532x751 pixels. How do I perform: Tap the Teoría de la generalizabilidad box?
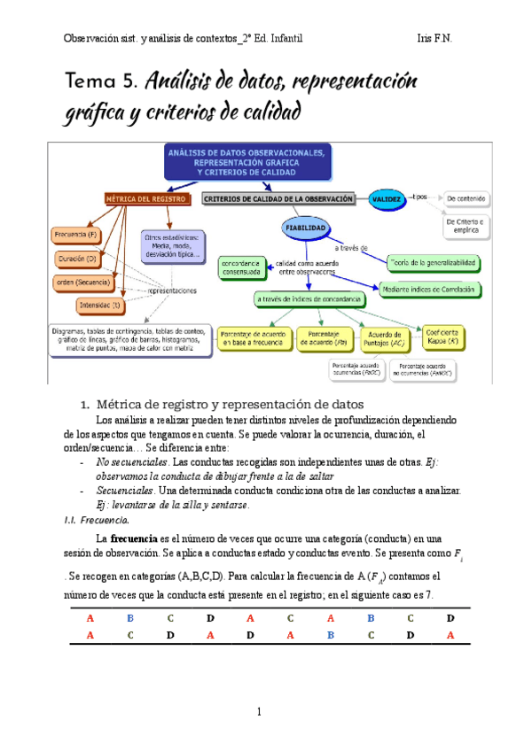coord(434,262)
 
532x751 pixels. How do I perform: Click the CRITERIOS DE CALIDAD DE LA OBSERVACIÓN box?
coord(279,199)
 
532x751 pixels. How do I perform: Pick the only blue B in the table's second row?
coord(330,635)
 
